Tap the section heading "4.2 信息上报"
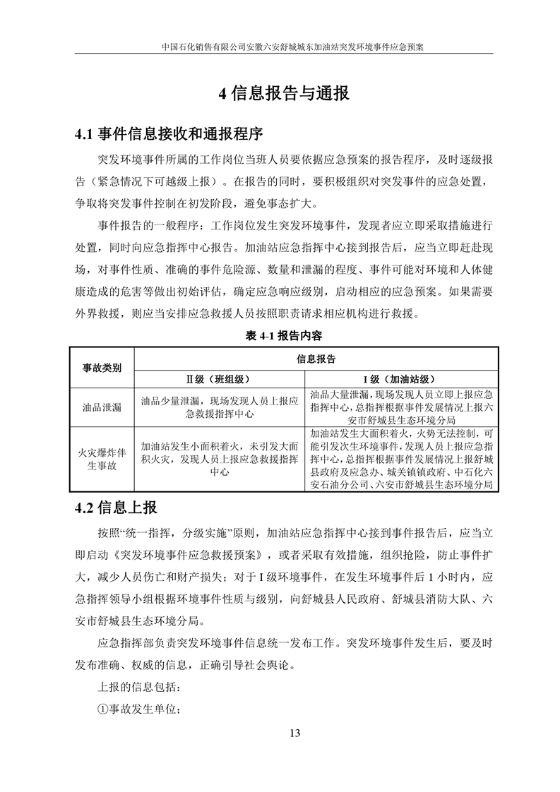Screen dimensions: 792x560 coord(116,508)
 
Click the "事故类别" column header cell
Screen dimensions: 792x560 coord(102,368)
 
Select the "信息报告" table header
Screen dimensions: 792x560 coord(311,359)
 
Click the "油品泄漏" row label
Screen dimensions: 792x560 coord(102,407)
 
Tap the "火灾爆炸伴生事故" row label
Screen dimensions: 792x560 coord(102,458)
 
